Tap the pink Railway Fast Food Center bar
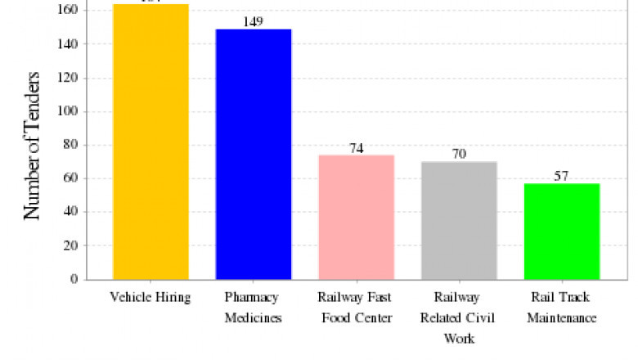[x=356, y=217]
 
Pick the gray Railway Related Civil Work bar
[x=459, y=220]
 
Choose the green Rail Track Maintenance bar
[x=562, y=231]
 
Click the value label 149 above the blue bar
[x=254, y=21]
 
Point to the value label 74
[x=356, y=148]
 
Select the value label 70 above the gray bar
[x=459, y=154]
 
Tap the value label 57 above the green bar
[x=562, y=176]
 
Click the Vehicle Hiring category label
[x=151, y=297]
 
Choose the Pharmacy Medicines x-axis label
[x=254, y=307]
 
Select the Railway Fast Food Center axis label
[x=356, y=307]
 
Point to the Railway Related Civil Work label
[x=459, y=317]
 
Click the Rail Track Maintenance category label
[x=562, y=307]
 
